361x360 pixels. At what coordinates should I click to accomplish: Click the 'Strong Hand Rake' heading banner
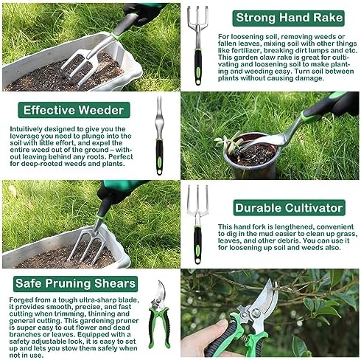[x=288, y=18]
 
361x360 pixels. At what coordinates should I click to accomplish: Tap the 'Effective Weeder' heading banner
[x=74, y=110]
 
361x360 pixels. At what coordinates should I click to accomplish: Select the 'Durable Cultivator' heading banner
[x=289, y=208]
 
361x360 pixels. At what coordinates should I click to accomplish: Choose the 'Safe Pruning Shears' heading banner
[x=75, y=284]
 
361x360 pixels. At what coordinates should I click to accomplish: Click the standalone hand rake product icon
[x=198, y=46]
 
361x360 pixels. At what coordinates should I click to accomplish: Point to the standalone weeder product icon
[x=159, y=136]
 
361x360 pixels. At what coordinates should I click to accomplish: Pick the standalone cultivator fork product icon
[x=197, y=224]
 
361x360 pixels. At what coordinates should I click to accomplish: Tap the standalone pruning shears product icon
[x=159, y=315]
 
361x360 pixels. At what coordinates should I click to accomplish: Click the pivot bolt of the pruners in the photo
[x=256, y=313]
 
